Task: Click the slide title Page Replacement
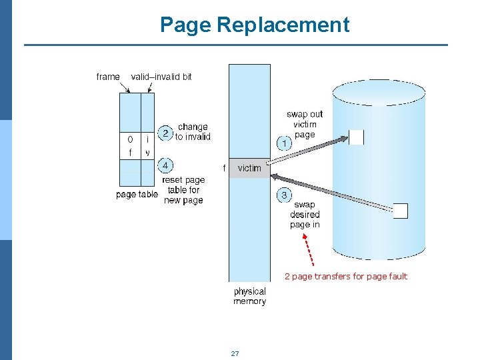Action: (254, 25)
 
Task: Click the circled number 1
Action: (284, 143)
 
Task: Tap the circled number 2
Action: (165, 133)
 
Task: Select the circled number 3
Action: (284, 195)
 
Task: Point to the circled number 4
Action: (165, 165)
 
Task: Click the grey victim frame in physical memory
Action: (249, 168)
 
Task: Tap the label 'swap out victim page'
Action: (304, 124)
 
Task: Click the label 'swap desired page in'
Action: (305, 215)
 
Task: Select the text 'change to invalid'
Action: (193, 132)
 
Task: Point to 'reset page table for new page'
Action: (183, 190)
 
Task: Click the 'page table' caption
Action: (137, 195)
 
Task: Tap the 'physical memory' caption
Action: (250, 296)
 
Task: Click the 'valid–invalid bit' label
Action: (161, 77)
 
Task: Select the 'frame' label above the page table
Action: (108, 77)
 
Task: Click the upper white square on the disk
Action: (356, 137)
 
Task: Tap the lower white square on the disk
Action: (400, 211)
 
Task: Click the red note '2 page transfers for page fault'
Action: (345, 276)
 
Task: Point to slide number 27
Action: (235, 353)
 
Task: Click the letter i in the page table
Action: (147, 140)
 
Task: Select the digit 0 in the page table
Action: (130, 140)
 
